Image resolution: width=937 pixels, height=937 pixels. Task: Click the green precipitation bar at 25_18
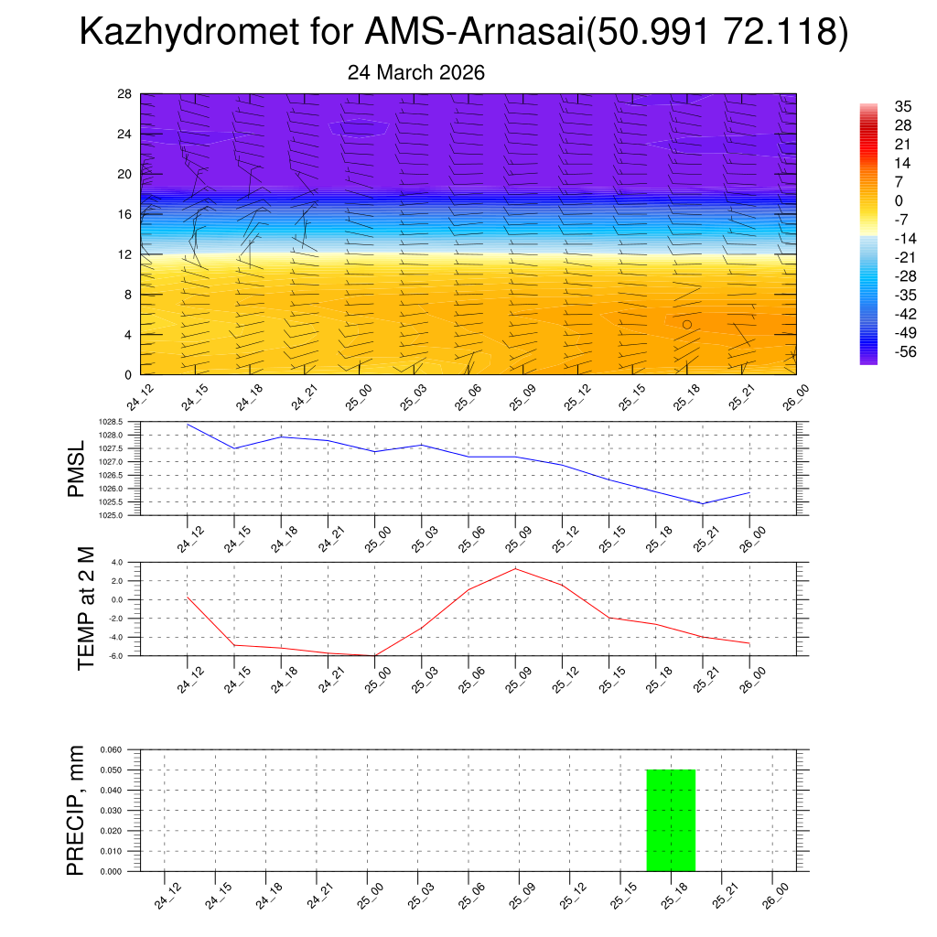click(x=671, y=820)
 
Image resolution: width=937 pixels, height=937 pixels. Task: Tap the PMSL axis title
click(x=76, y=469)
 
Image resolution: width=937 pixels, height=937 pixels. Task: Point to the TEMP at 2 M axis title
click(x=85, y=608)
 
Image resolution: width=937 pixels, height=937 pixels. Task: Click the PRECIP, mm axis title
click(x=76, y=810)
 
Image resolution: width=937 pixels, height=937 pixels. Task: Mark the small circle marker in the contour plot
click(x=687, y=324)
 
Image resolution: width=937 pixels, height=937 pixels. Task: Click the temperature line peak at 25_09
click(x=515, y=569)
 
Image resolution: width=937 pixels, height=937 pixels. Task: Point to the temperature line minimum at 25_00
click(x=374, y=655)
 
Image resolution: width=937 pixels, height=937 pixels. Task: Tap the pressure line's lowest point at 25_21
click(x=702, y=503)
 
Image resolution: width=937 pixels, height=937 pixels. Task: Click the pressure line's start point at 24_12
click(x=188, y=425)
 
